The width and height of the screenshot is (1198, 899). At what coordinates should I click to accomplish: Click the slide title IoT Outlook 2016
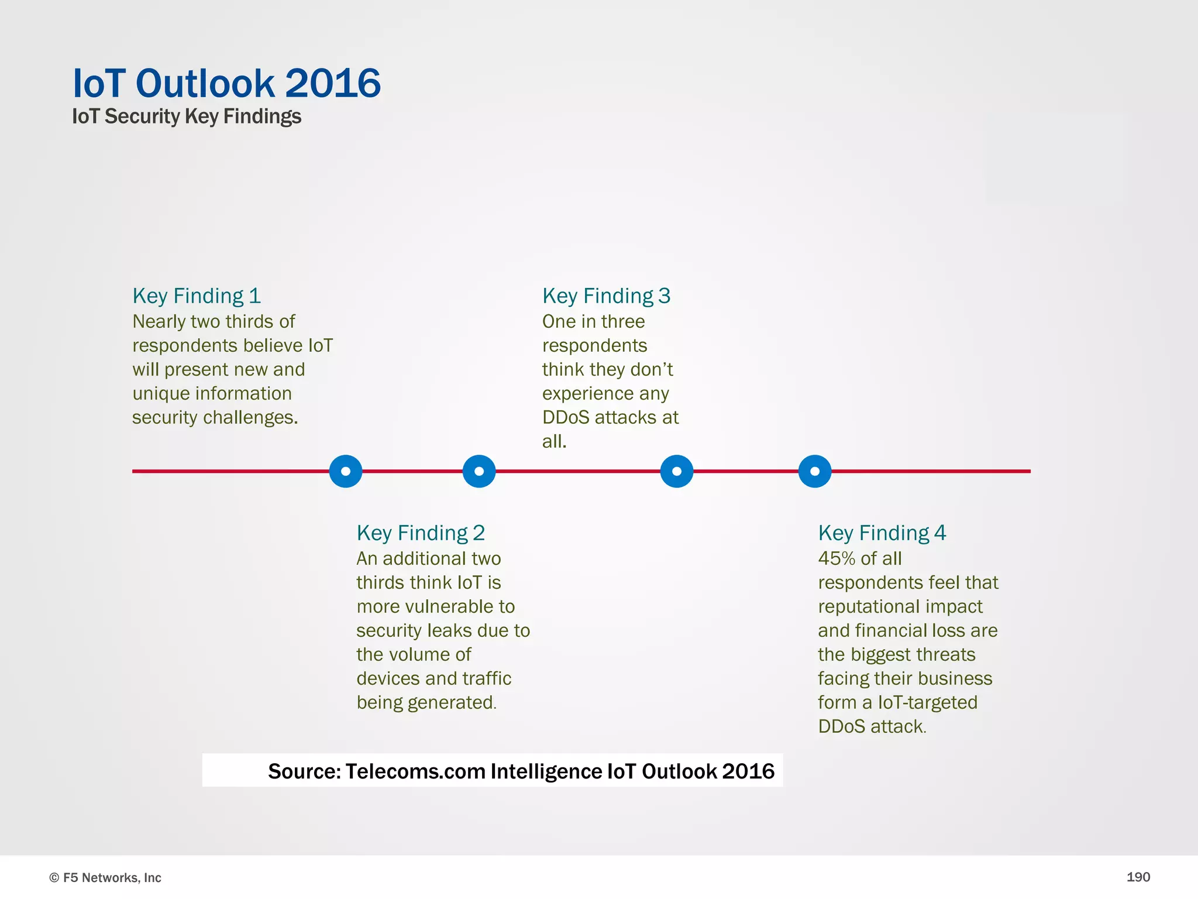coord(226,83)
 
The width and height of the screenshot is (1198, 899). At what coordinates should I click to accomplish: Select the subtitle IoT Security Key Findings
coord(186,116)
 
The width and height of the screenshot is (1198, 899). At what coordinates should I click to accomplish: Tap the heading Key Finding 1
coord(197,296)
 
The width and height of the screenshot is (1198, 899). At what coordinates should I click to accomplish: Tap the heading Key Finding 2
coord(421,533)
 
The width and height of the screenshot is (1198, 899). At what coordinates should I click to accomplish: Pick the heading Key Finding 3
coord(606,296)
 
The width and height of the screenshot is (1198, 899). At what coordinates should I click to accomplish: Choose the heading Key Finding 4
coord(882,533)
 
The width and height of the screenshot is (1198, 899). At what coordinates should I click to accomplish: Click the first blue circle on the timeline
coord(346,471)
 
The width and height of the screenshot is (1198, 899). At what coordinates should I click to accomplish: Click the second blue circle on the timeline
coord(479,471)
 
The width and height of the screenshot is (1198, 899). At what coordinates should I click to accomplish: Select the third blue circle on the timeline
coord(677,471)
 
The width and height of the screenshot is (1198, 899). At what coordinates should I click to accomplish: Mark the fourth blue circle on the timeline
coord(815,471)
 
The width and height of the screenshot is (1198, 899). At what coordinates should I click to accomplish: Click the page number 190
coord(1138,877)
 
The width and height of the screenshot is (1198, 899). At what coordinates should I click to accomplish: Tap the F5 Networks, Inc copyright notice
coord(105,877)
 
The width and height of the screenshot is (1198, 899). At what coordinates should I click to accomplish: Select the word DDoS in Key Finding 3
coord(565,417)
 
